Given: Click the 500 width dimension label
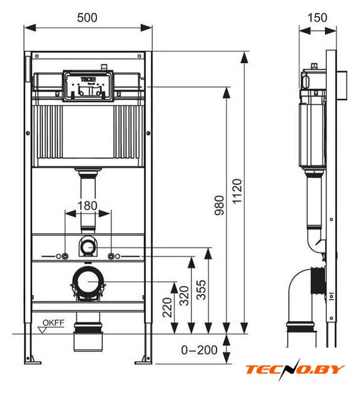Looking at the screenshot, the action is click(87, 18).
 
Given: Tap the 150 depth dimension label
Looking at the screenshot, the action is click(317, 18).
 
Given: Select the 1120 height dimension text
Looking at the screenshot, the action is click(237, 191).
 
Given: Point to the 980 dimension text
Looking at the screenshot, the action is click(220, 206).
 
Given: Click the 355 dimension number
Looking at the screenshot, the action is click(201, 290).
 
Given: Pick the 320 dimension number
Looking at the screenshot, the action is click(184, 295).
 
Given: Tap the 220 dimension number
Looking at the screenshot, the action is click(167, 308).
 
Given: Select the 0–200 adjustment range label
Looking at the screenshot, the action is click(199, 350).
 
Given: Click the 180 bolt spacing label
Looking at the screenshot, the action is click(87, 206).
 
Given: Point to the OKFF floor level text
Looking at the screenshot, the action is click(53, 322).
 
